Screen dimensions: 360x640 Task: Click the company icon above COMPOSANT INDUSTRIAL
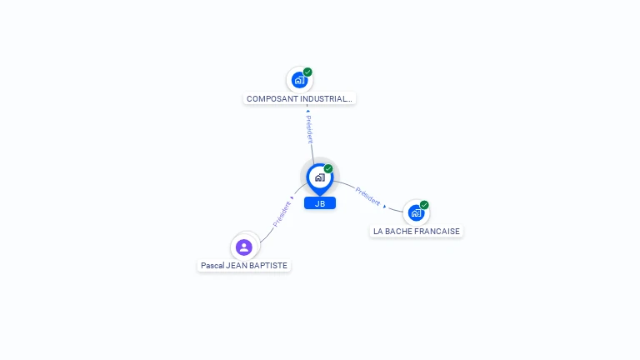click(x=299, y=81)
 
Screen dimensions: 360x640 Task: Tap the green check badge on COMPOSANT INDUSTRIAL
click(x=307, y=72)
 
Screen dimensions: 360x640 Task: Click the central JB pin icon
click(x=319, y=177)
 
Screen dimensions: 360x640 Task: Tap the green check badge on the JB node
click(x=328, y=169)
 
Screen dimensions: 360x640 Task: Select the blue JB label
click(x=320, y=203)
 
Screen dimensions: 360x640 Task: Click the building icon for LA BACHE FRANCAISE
click(x=416, y=213)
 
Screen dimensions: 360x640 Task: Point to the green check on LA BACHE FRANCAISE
click(x=424, y=205)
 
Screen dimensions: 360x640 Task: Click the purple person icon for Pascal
click(x=244, y=247)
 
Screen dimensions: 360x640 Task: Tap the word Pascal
click(x=212, y=266)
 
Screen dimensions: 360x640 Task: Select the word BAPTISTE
click(x=268, y=266)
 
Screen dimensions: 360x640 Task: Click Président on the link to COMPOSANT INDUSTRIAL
click(x=309, y=129)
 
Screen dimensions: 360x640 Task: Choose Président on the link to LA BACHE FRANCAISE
click(x=367, y=197)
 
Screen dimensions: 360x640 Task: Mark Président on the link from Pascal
click(x=282, y=214)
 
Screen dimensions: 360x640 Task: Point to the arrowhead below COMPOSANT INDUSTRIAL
click(x=307, y=110)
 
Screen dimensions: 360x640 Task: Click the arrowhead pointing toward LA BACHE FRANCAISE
click(x=384, y=206)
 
